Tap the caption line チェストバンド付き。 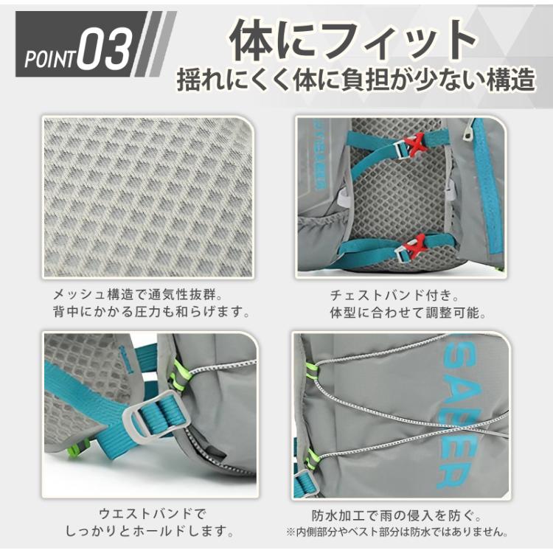pos(400,294)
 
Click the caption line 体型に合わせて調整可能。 pos(408,312)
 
